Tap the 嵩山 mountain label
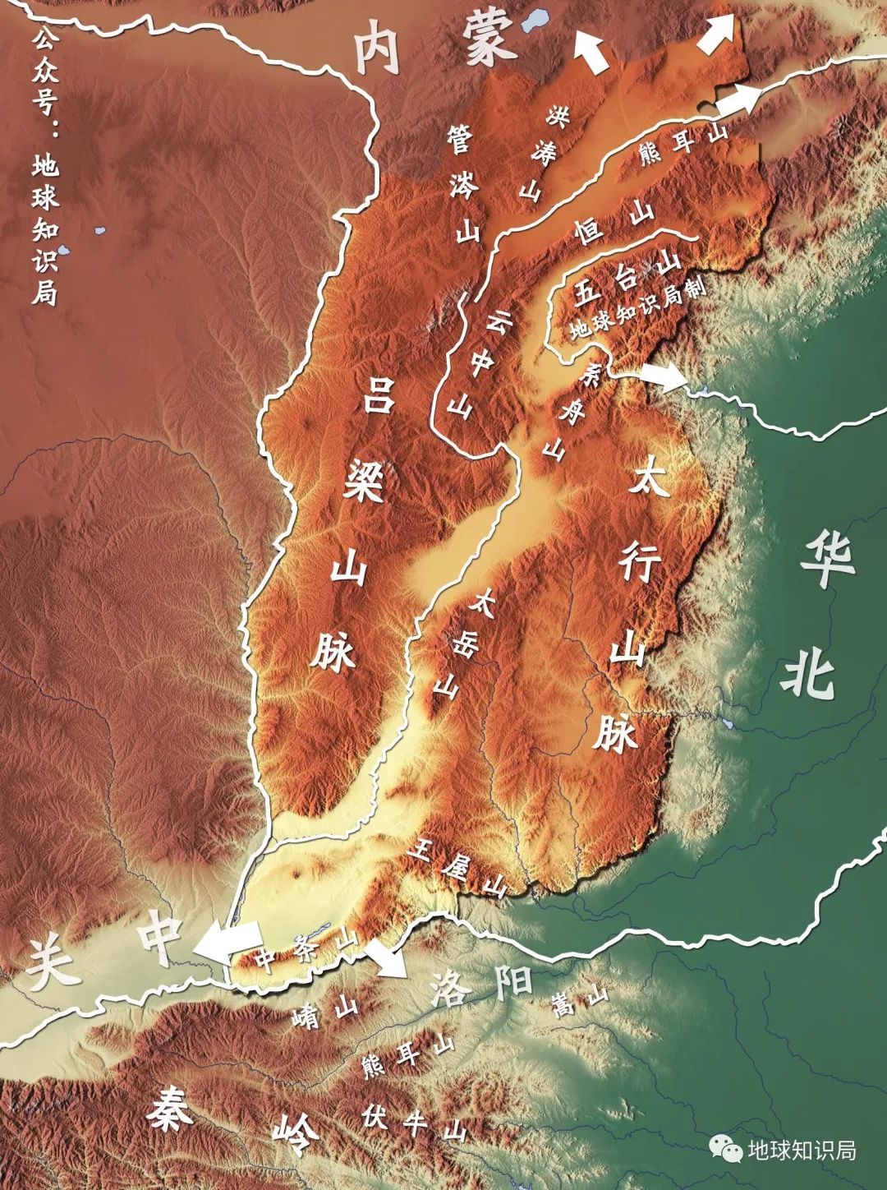tap(581, 1001)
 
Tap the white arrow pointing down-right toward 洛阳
tap(386, 958)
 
